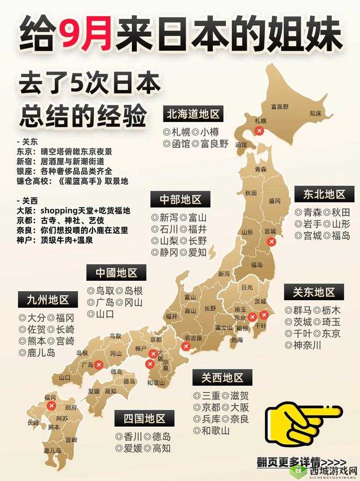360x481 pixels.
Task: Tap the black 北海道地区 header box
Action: coord(193,114)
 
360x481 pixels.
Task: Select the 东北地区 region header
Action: coord(324,194)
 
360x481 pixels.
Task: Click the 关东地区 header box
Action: coord(314,292)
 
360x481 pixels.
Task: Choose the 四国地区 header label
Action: coord(145,418)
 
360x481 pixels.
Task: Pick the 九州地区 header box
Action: coord(47,300)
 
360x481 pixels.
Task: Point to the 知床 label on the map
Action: coord(315,114)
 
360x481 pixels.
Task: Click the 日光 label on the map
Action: coord(247,287)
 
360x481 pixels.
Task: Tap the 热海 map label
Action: coord(237,340)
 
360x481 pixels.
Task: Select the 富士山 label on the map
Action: coord(224,327)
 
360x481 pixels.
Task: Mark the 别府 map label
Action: coord(71,407)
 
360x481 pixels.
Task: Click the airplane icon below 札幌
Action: coord(259,131)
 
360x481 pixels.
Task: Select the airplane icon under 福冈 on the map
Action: coord(51,406)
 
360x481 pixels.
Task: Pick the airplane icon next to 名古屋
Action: coord(185,346)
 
